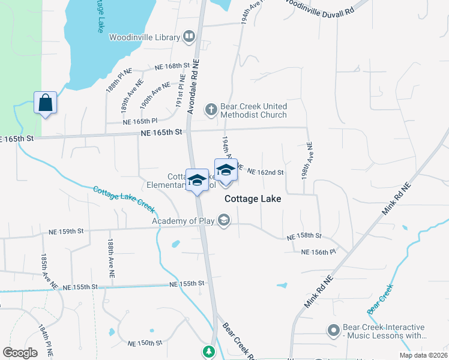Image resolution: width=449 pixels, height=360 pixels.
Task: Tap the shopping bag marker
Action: point(46,103)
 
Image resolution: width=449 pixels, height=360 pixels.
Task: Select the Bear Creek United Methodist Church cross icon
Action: point(210,109)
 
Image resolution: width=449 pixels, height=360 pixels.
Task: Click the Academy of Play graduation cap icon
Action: point(224,221)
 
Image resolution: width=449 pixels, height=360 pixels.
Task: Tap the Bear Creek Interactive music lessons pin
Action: point(334,330)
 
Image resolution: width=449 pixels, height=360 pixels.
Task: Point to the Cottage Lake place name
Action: point(253,199)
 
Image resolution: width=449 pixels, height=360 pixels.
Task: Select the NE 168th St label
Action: point(172,66)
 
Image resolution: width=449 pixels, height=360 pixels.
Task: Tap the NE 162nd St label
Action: point(265,173)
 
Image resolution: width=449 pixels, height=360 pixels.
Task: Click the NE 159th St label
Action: point(70,231)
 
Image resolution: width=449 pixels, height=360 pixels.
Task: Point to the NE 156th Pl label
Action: point(318,252)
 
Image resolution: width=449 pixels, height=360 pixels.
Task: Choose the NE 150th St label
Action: point(145,343)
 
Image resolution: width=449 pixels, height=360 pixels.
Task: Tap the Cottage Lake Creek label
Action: point(124,200)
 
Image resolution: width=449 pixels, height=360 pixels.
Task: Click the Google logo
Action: point(20,353)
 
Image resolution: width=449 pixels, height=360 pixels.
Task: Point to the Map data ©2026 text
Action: point(423,355)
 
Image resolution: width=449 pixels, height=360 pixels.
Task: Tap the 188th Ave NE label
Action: point(111,258)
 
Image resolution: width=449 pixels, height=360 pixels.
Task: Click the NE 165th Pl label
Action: point(139,121)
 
